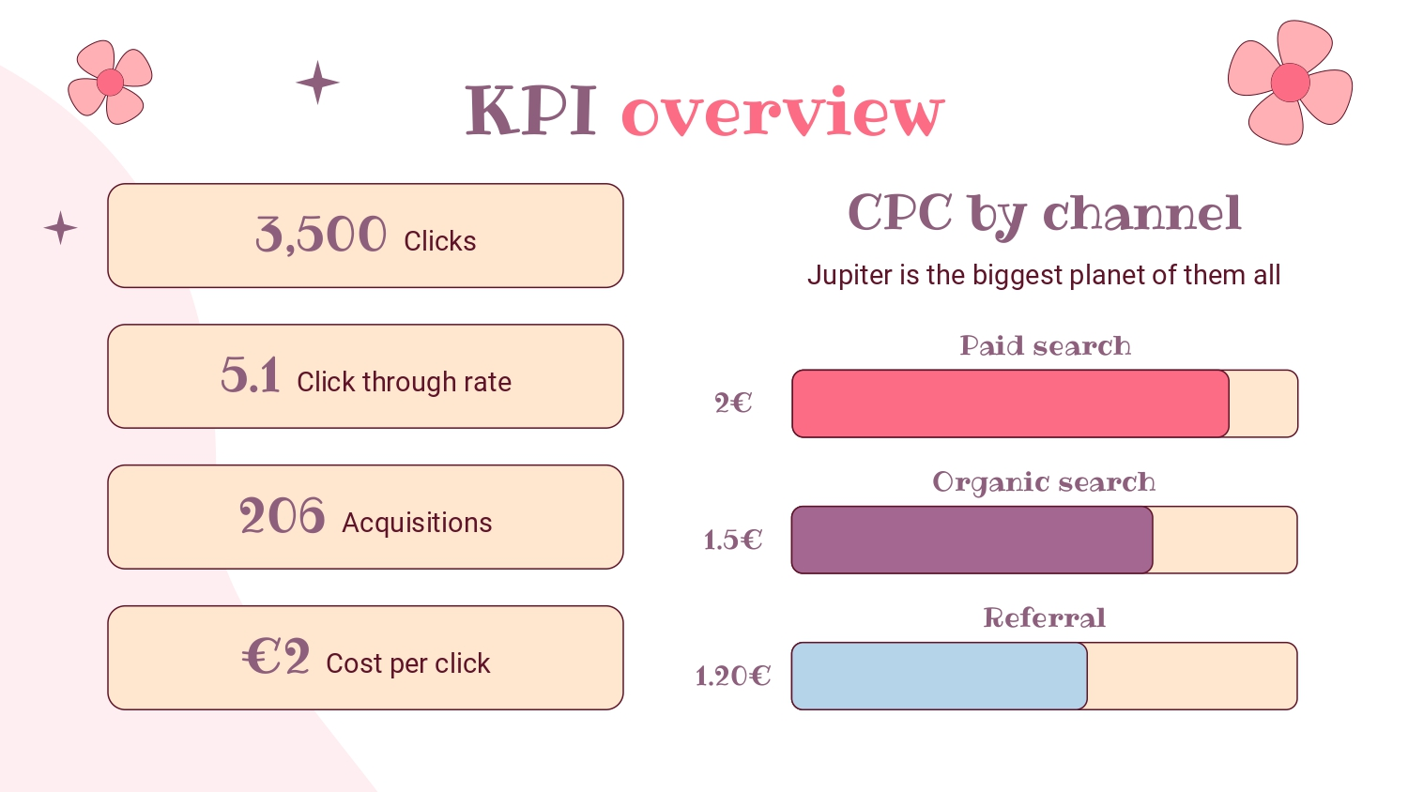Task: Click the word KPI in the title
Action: [531, 111]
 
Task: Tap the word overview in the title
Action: [783, 112]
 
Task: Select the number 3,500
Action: [321, 235]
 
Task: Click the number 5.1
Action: [251, 375]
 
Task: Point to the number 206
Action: [283, 516]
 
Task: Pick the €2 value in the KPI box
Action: [276, 656]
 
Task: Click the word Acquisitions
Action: [417, 523]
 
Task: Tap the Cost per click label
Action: [408, 663]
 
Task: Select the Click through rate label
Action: [405, 382]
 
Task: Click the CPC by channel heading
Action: [1045, 215]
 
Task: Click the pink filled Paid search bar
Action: [1010, 404]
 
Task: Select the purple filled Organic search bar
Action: [972, 540]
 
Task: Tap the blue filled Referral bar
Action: [939, 677]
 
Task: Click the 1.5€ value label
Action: [733, 540]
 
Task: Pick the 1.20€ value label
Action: [733, 677]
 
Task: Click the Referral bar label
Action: [1045, 617]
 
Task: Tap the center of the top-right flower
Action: [1290, 83]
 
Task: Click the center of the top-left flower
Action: [110, 83]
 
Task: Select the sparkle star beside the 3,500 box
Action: [60, 227]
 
